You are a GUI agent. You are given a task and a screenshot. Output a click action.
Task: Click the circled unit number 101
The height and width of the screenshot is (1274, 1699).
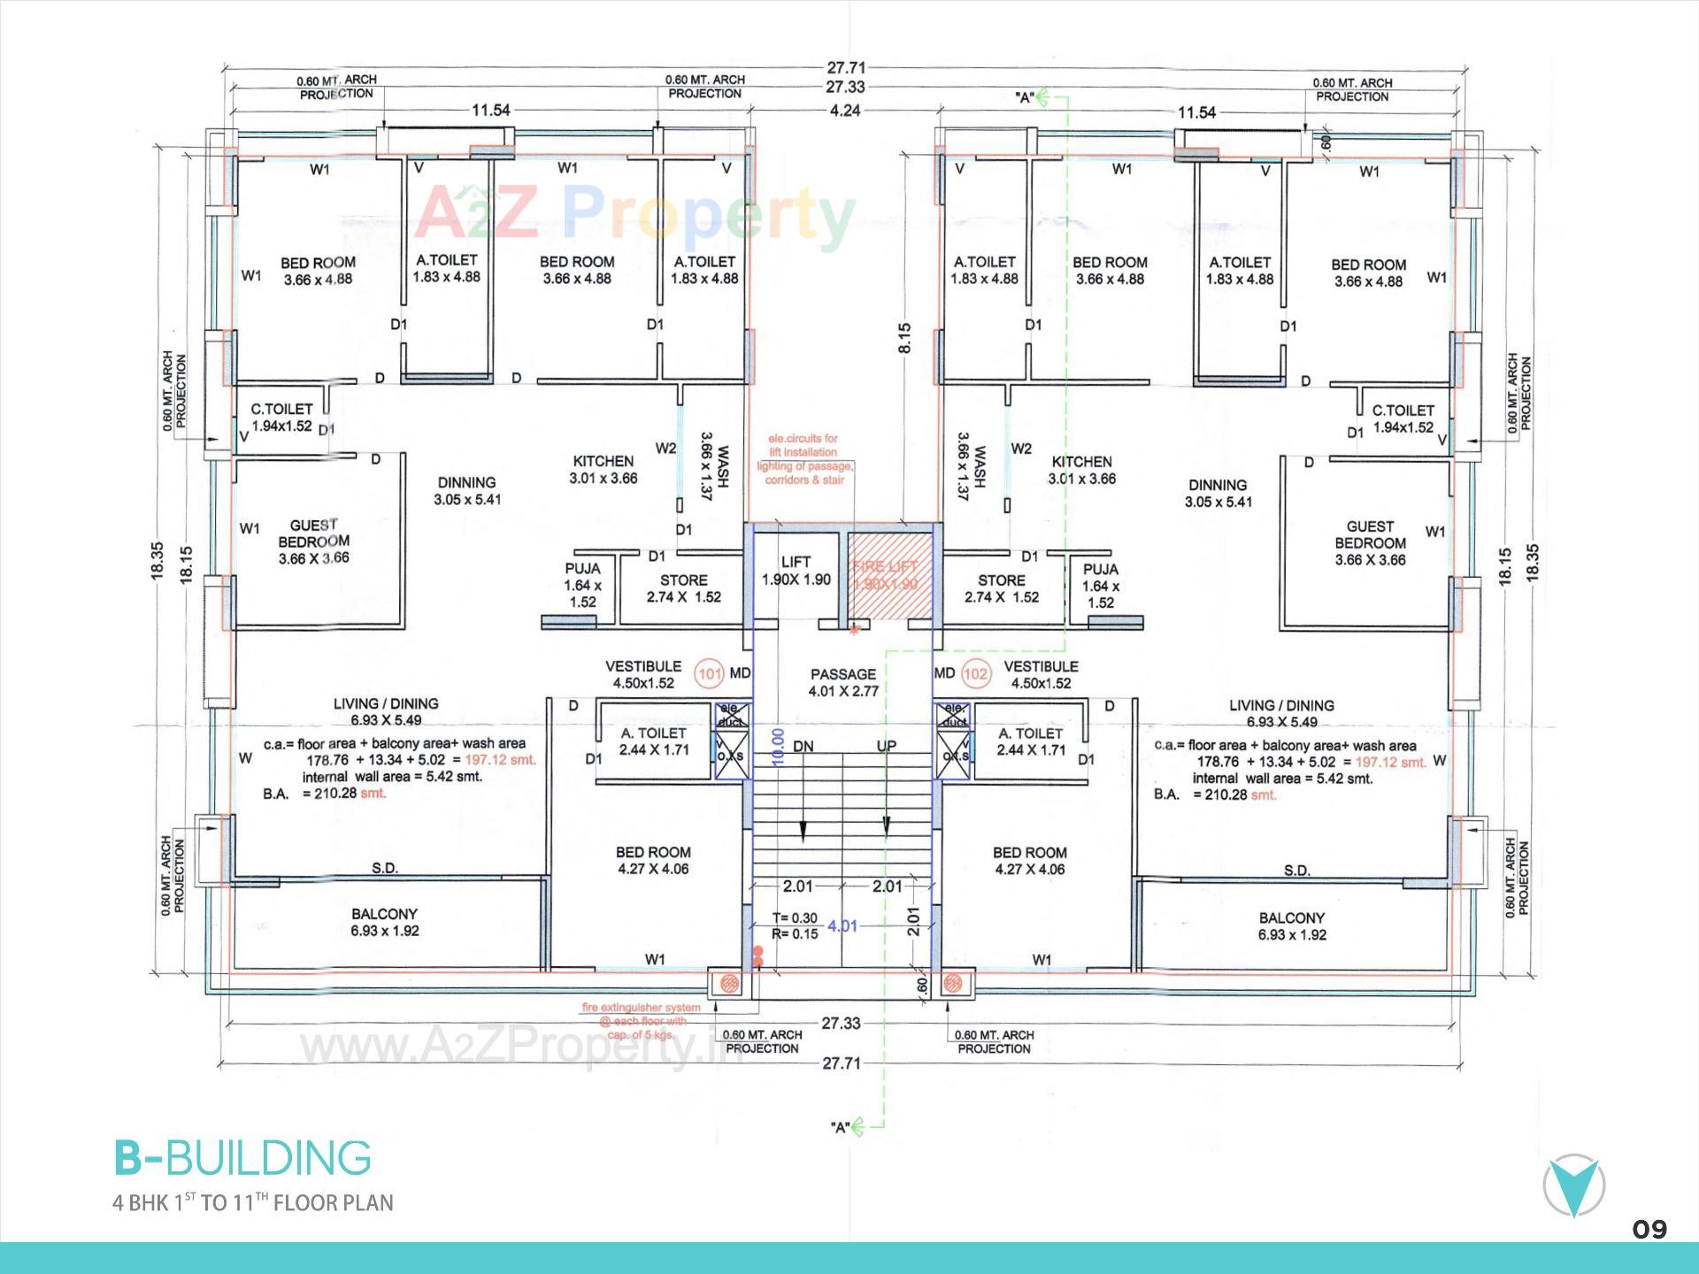tap(710, 674)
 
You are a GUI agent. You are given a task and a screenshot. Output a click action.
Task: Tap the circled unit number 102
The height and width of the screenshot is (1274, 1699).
tap(975, 674)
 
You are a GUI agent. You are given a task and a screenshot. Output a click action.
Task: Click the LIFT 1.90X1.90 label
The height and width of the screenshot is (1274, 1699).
tap(796, 571)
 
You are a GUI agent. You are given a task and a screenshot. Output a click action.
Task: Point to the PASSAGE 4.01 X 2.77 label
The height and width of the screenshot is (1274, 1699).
tap(843, 682)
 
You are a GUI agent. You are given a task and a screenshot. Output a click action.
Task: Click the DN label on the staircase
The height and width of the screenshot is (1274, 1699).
tap(803, 747)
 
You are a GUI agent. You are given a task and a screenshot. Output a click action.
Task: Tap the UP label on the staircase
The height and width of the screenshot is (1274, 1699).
tap(886, 747)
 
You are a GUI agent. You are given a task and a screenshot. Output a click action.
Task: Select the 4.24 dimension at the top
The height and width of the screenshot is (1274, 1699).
tap(844, 111)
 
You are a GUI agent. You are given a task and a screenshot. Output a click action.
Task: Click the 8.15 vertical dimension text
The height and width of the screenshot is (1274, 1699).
tap(903, 339)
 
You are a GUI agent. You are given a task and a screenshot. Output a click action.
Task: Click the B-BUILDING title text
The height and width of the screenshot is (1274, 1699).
tap(242, 1158)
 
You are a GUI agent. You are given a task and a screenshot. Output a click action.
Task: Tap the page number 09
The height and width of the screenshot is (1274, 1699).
tap(1649, 1230)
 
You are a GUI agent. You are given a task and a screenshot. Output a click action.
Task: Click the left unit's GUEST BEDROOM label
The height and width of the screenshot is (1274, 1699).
tap(314, 541)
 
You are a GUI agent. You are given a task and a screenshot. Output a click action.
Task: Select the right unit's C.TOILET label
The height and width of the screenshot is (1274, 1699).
tap(1403, 418)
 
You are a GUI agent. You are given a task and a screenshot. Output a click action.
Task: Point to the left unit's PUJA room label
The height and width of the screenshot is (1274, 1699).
tap(582, 585)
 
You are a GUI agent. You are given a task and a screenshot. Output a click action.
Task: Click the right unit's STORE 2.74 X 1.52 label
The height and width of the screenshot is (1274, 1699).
tap(1002, 588)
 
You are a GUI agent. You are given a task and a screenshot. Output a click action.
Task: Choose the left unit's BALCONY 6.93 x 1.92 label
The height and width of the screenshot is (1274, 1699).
tap(384, 922)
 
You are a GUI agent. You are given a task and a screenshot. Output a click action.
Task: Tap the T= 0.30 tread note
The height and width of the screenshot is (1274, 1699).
tap(794, 918)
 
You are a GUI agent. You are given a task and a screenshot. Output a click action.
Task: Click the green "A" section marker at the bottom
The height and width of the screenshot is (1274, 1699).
tap(841, 1127)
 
